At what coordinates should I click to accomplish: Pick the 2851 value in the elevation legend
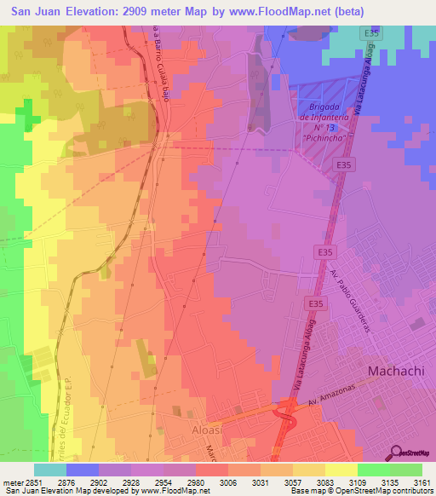34,482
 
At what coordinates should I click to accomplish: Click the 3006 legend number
228,482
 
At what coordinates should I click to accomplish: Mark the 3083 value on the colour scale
325,482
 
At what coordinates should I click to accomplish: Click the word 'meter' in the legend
12,482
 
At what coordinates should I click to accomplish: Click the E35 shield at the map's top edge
370,33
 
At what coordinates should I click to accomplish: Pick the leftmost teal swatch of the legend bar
50,470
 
